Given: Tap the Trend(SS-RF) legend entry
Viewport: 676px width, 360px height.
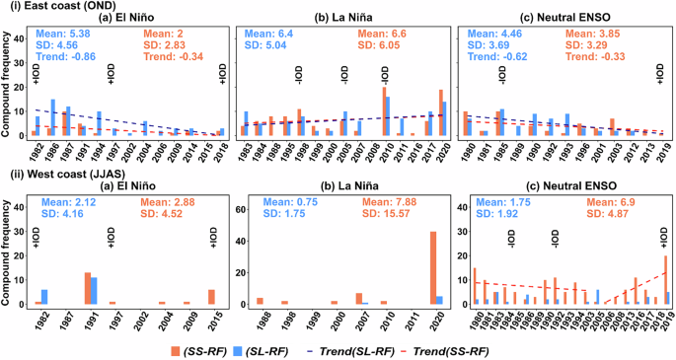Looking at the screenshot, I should (521, 346).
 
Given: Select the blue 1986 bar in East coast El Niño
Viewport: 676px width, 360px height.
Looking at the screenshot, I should (52, 117).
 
